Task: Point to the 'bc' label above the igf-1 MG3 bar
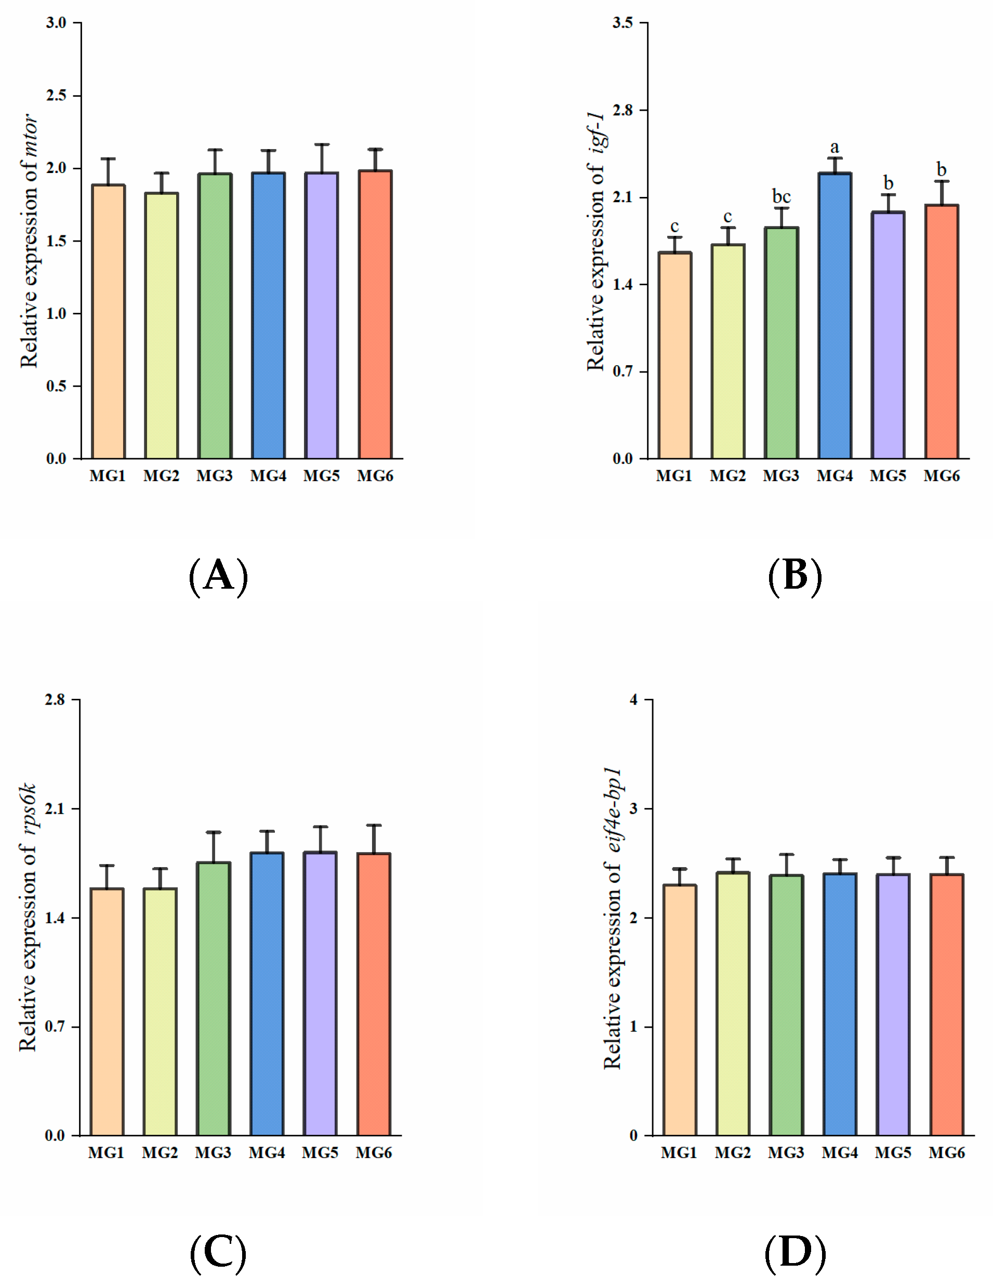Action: pyautogui.click(x=782, y=196)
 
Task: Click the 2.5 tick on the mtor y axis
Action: pyautogui.click(x=57, y=96)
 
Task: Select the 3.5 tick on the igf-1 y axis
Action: pyautogui.click(x=623, y=22)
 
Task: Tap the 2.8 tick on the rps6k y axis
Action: pyautogui.click(x=56, y=699)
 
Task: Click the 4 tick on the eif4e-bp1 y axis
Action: pyautogui.click(x=634, y=699)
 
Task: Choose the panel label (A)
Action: pyautogui.click(x=218, y=576)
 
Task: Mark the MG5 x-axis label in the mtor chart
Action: pyautogui.click(x=321, y=476)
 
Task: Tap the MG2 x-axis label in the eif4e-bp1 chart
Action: pyautogui.click(x=732, y=1152)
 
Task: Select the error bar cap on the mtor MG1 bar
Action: pyautogui.click(x=108, y=158)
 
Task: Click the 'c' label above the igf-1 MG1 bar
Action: pyautogui.click(x=674, y=227)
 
